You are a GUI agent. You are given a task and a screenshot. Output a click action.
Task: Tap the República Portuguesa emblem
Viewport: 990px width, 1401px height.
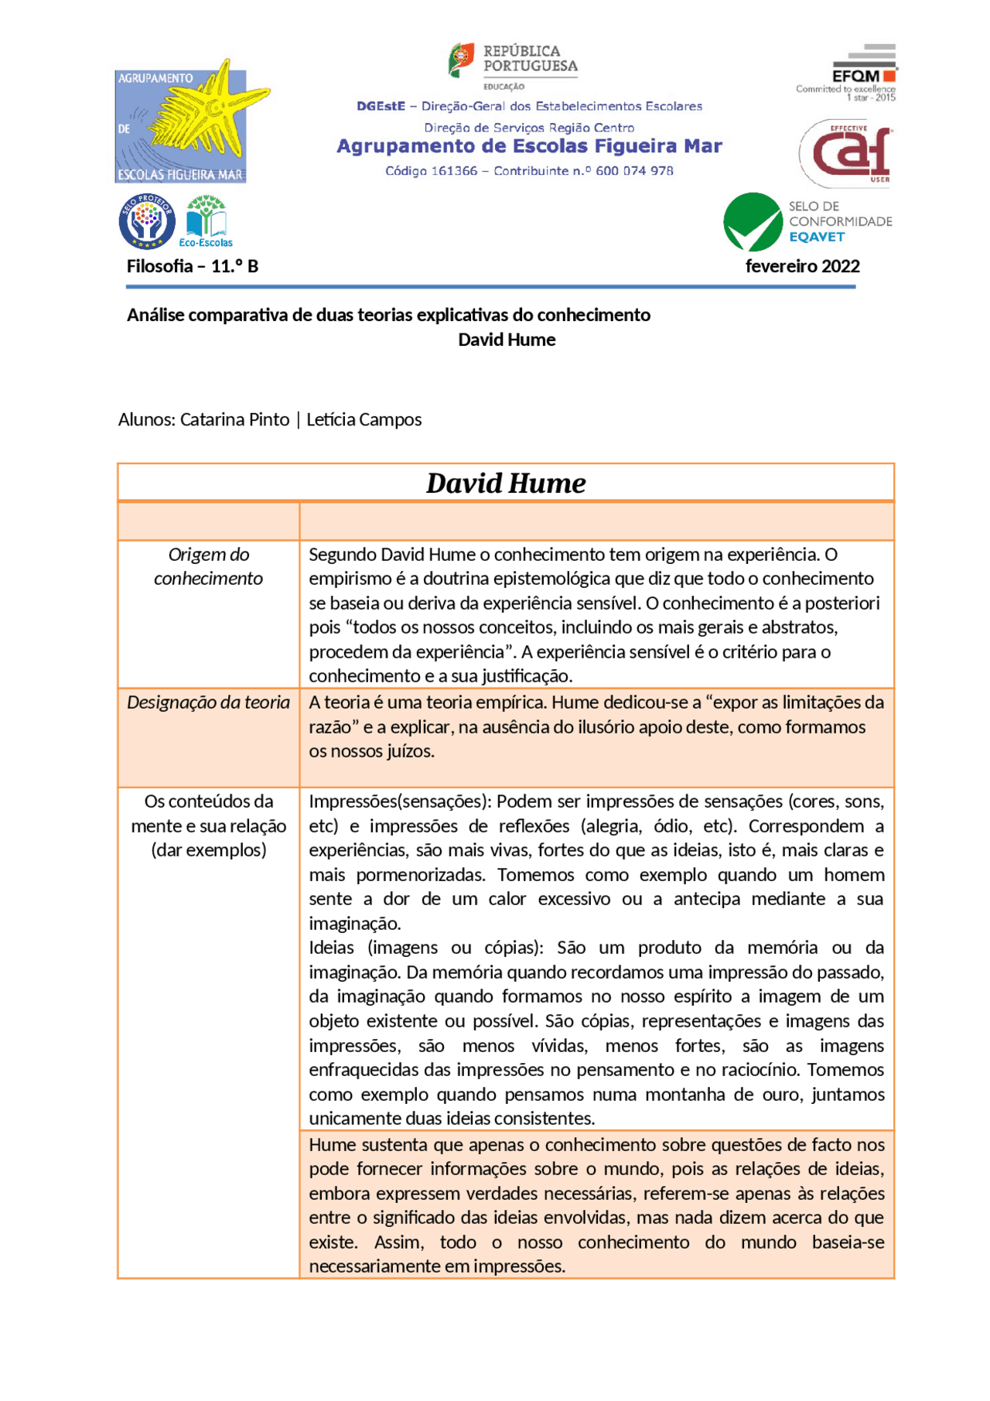coord(461,60)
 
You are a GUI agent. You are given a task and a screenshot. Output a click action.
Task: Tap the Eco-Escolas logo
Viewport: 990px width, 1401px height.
coord(206,221)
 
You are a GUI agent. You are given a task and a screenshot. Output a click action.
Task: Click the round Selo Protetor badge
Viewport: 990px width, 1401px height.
coord(147,221)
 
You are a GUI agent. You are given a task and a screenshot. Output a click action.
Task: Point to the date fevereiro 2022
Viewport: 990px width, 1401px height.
coord(802,266)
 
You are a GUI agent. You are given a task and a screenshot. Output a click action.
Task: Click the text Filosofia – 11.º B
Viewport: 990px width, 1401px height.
coord(193,266)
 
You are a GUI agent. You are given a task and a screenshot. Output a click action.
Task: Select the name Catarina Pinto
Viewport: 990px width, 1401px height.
coord(234,419)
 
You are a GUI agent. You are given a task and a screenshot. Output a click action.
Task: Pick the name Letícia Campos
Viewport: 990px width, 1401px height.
coord(364,419)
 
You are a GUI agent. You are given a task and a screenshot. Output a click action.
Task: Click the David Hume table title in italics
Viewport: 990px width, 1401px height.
coord(506,483)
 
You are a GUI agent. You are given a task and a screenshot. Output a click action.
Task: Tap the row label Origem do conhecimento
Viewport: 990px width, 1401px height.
coord(208,566)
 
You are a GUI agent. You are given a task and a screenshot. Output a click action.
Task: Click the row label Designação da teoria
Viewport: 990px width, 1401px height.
coord(208,702)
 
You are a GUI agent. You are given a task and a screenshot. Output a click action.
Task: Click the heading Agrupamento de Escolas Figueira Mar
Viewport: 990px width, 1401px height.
coord(529,146)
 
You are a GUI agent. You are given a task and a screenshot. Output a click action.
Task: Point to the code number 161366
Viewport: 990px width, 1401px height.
coord(454,171)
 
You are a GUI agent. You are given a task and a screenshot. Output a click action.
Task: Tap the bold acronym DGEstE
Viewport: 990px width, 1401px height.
coord(381,106)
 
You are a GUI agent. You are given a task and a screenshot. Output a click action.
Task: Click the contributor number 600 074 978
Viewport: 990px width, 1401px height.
coord(634,171)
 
